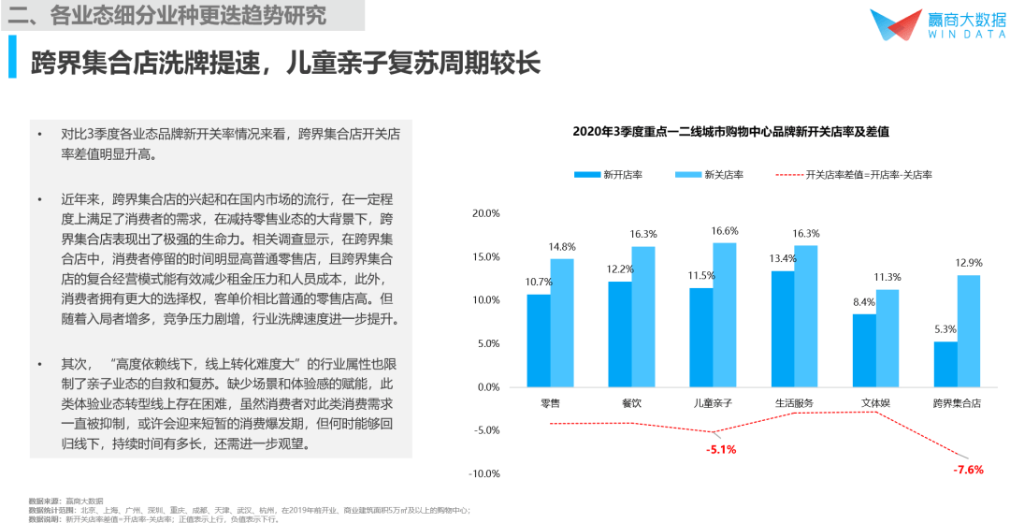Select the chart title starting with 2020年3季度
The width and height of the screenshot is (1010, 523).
point(730,132)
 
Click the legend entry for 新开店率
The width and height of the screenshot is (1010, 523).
point(608,174)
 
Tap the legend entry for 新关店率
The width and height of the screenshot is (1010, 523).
point(708,174)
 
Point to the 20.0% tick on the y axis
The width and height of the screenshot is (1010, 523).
point(486,213)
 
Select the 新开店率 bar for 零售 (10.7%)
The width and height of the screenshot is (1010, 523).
point(539,340)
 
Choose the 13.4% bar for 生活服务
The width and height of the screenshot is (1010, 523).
point(783,328)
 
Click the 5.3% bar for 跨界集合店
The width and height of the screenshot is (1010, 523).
point(945,364)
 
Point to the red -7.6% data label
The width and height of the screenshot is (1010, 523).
point(968,470)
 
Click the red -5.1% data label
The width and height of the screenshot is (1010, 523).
point(721,449)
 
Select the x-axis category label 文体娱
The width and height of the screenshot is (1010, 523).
point(876,403)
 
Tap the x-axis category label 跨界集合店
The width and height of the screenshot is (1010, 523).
point(957,403)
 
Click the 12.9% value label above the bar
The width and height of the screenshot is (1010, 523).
point(969,263)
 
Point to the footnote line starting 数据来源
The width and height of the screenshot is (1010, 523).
point(65,501)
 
